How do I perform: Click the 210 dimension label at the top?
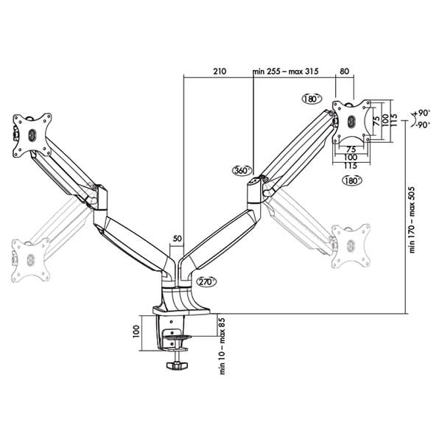point(220,71)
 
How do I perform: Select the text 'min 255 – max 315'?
point(286,71)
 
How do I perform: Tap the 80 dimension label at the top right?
point(344,71)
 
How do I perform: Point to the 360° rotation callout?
point(242,171)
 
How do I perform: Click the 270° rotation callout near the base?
point(206,281)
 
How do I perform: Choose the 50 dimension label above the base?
point(178,239)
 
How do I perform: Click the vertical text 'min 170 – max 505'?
point(412,220)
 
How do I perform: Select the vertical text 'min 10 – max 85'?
point(222,346)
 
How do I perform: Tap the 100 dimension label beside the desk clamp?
point(136,331)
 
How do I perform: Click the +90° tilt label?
point(422,113)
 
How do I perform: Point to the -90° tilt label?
point(423,124)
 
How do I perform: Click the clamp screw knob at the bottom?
point(177,365)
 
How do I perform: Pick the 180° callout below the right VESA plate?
point(352,180)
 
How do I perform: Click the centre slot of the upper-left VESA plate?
point(32,136)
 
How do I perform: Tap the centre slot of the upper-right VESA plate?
point(351,122)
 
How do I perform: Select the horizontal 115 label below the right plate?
point(351,166)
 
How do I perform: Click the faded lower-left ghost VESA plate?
point(30,259)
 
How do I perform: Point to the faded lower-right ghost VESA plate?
point(351,246)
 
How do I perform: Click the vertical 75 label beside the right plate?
point(376,122)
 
